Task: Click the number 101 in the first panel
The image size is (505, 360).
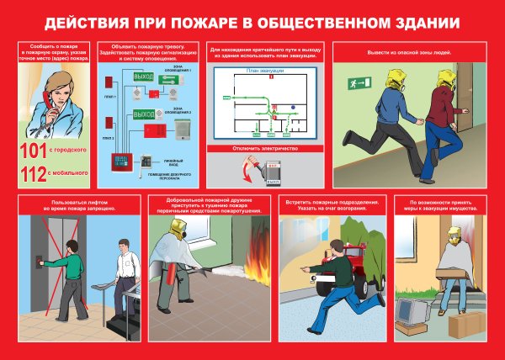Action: (x=37, y=152)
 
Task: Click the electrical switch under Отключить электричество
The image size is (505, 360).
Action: (x=274, y=174)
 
